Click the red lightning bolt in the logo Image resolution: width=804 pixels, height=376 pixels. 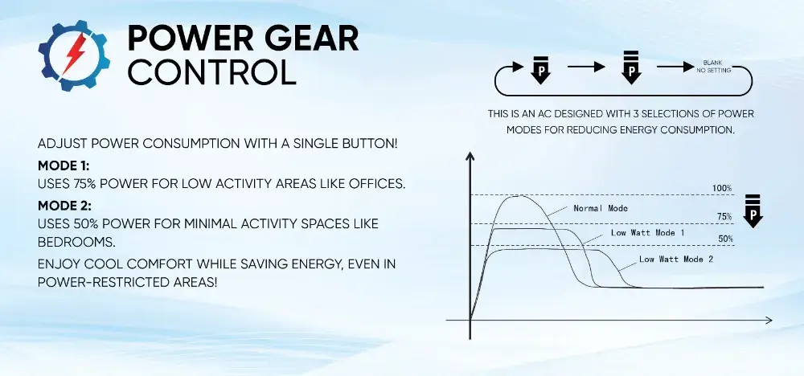point(74,54)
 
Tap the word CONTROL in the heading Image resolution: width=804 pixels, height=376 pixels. point(211,71)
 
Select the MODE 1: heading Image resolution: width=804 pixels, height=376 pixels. point(64,166)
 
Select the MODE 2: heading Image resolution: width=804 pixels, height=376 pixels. point(65,206)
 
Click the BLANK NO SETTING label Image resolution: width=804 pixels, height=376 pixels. point(713,67)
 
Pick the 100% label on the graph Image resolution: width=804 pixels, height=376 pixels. point(722,188)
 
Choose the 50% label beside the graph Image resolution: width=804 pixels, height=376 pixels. point(725,238)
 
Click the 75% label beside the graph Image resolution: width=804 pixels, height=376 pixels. point(724,217)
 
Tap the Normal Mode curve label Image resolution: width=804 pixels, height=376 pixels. point(601,209)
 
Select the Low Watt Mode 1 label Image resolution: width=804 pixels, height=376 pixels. point(647,232)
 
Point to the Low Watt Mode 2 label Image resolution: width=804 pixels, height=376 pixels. point(676,260)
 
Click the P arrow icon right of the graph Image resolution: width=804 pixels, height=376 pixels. point(753,210)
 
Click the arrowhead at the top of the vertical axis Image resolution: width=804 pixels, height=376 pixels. point(470,156)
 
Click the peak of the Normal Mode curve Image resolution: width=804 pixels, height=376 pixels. point(519,196)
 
